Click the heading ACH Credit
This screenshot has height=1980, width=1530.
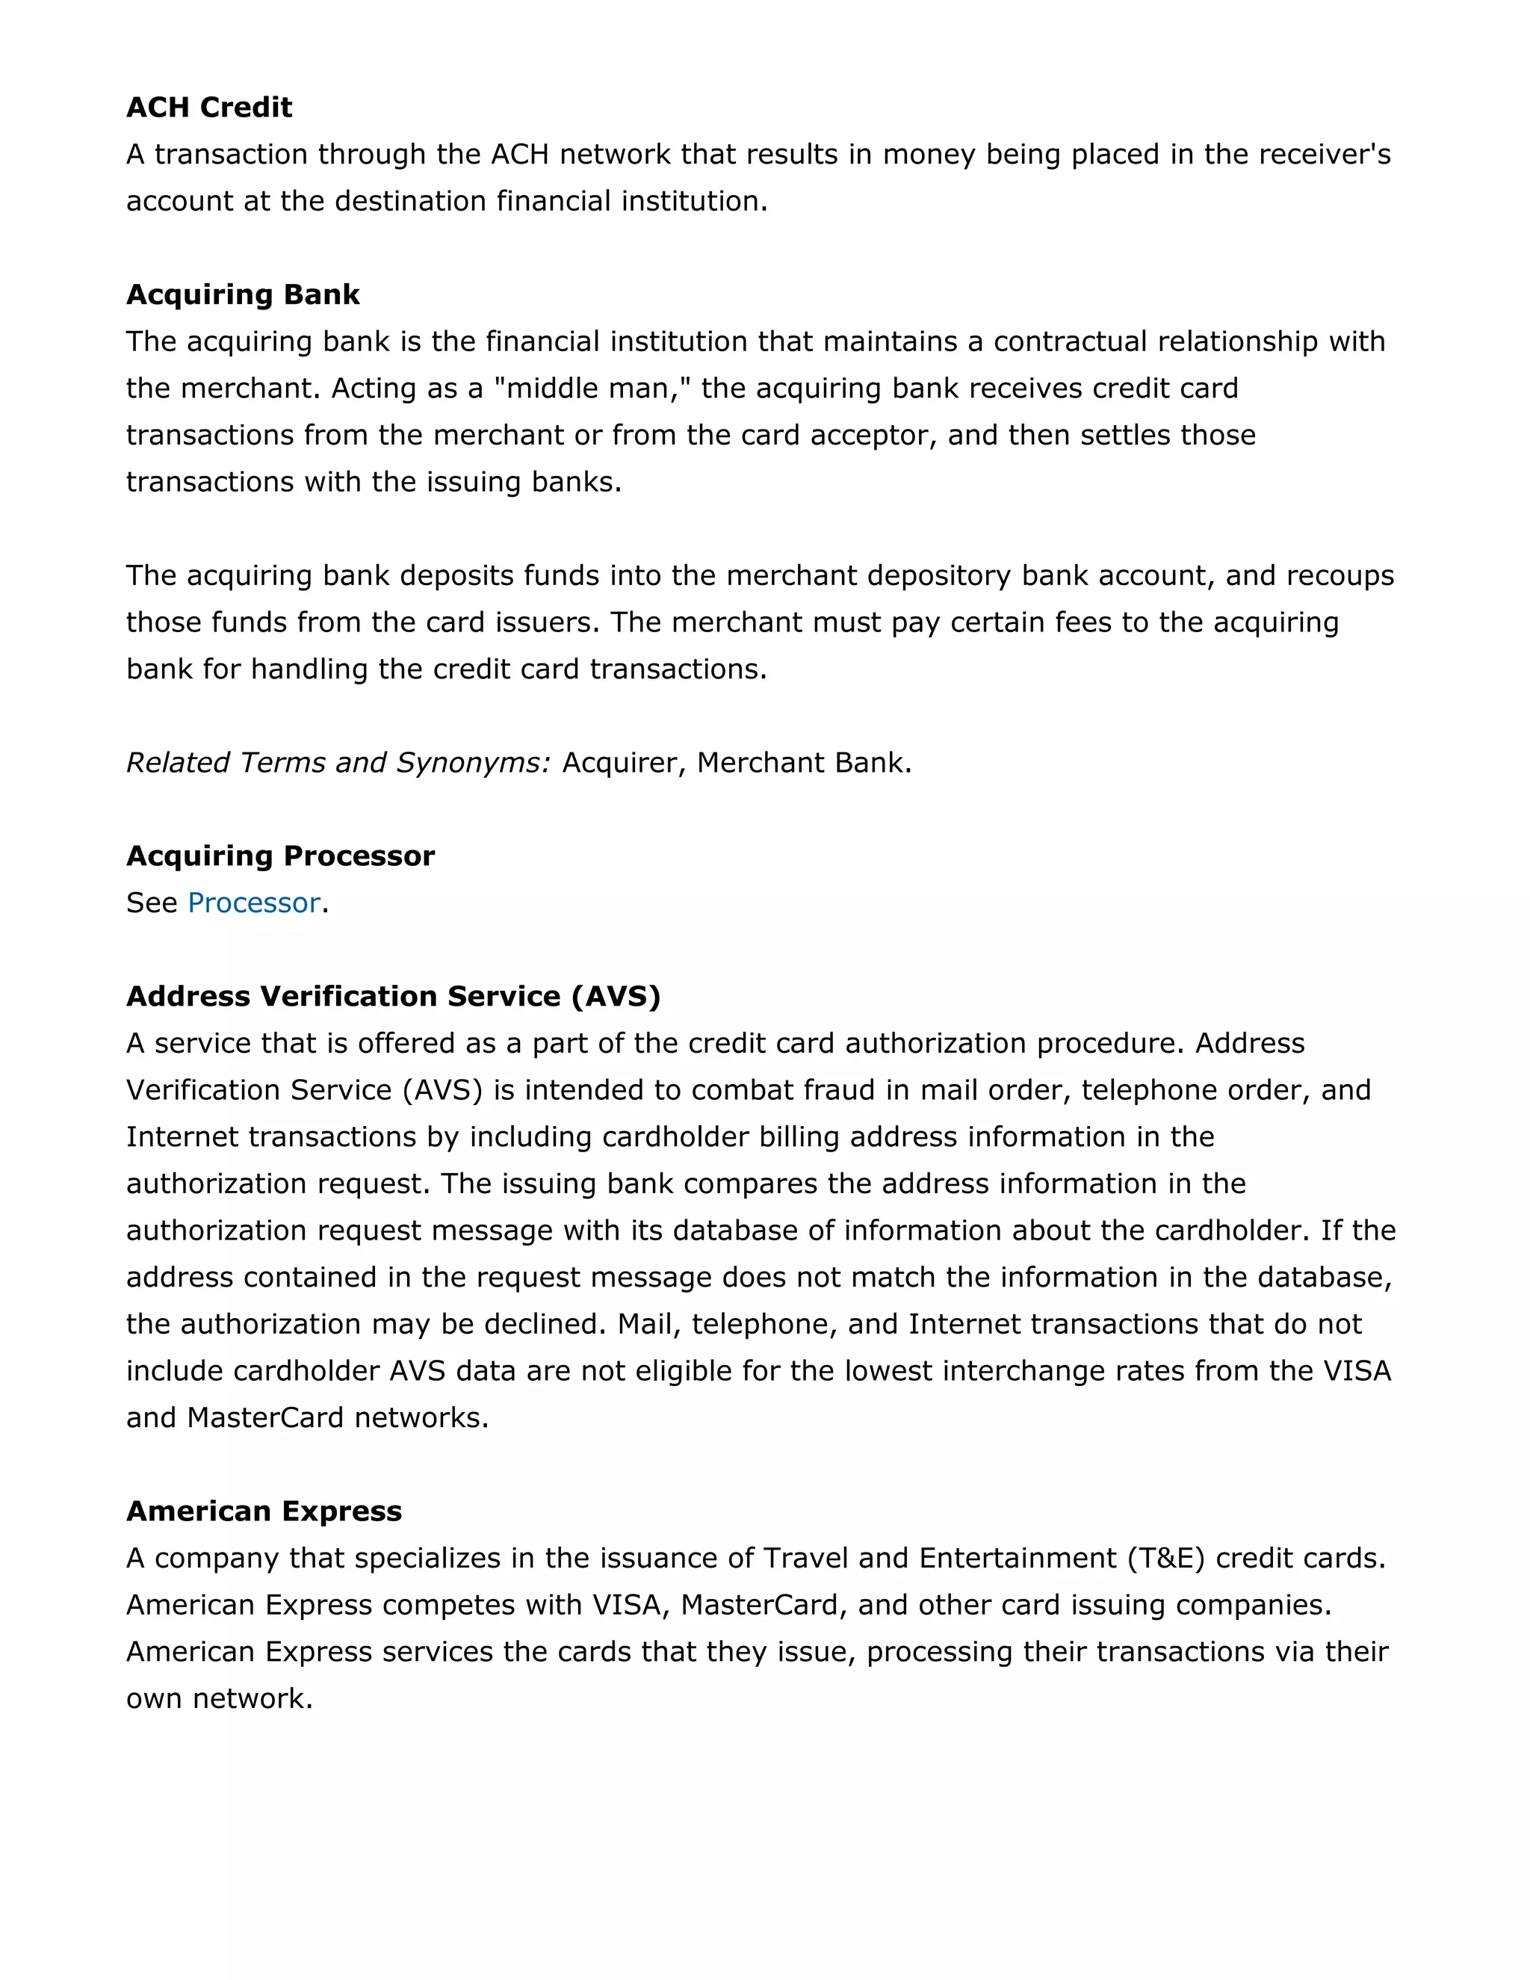click(208, 107)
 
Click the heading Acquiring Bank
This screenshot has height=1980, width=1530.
click(242, 294)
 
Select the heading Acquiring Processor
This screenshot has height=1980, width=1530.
click(280, 856)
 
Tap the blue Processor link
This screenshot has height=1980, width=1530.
click(254, 903)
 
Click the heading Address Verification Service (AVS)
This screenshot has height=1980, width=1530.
click(392, 996)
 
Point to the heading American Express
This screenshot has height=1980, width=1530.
click(264, 1512)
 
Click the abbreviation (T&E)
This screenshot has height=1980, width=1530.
click(1165, 1559)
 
